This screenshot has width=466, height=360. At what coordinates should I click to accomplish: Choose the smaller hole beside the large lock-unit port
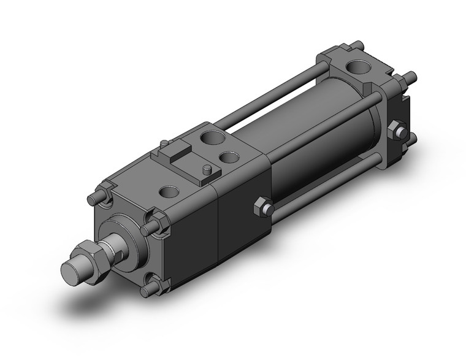[229, 158]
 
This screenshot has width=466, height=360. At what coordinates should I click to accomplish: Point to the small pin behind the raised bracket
[163, 144]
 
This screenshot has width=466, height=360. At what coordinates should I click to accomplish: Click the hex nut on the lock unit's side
[262, 207]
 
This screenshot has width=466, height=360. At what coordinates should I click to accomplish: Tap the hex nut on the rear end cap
[397, 131]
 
